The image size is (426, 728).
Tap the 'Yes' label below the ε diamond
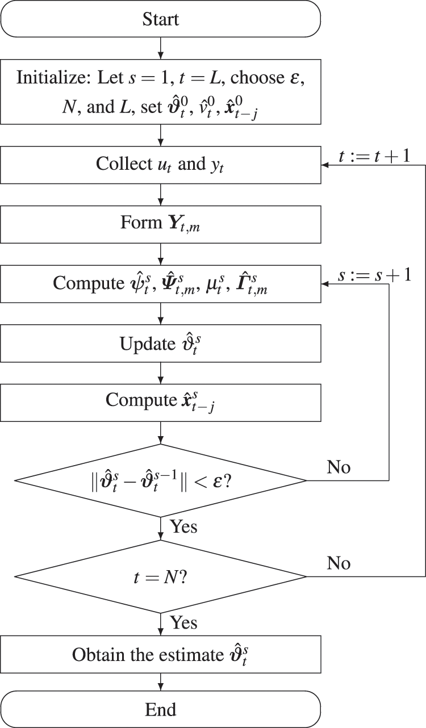pos(183,526)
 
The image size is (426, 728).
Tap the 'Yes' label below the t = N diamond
pos(183,623)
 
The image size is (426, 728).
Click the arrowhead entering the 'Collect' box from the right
pos(325,165)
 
